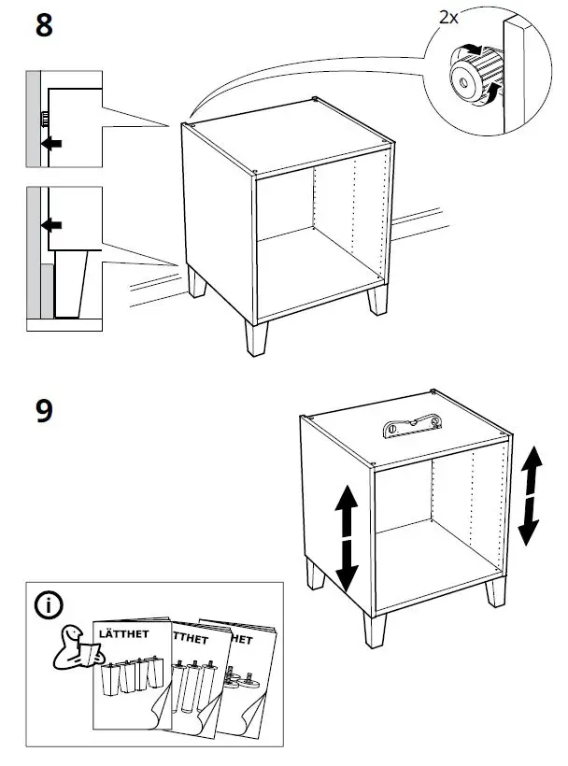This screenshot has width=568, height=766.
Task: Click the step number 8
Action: (43, 25)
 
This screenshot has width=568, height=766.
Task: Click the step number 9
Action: (43, 411)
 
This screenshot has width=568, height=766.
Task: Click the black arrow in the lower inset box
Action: (52, 225)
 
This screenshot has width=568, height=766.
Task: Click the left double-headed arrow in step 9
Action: (346, 536)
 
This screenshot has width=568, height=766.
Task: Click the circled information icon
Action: (49, 605)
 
